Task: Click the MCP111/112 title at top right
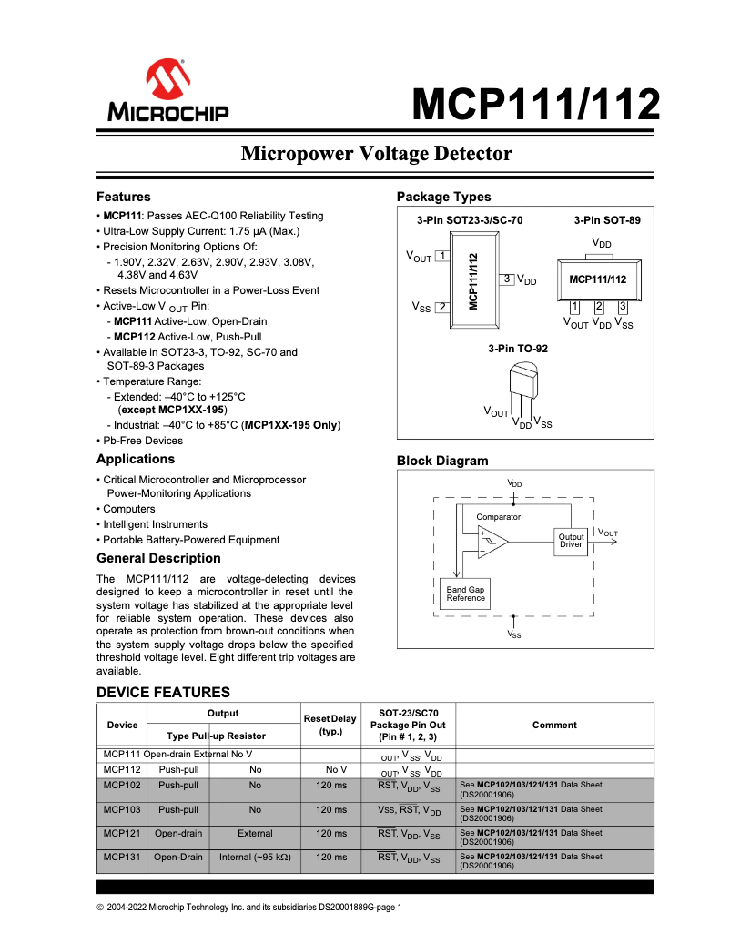tap(535, 106)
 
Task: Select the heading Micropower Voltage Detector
tap(376, 154)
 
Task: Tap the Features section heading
tap(124, 197)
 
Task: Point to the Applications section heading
tap(136, 459)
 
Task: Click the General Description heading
tap(158, 558)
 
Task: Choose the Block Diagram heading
tap(442, 461)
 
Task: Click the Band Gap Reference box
tap(465, 594)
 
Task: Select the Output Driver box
tap(571, 540)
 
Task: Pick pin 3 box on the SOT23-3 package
tap(508, 279)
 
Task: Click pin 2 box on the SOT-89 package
tap(599, 307)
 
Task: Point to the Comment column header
tap(554, 725)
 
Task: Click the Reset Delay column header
tap(330, 725)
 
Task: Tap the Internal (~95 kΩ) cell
tap(255, 857)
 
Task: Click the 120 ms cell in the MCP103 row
tap(331, 809)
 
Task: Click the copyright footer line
tap(248, 908)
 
